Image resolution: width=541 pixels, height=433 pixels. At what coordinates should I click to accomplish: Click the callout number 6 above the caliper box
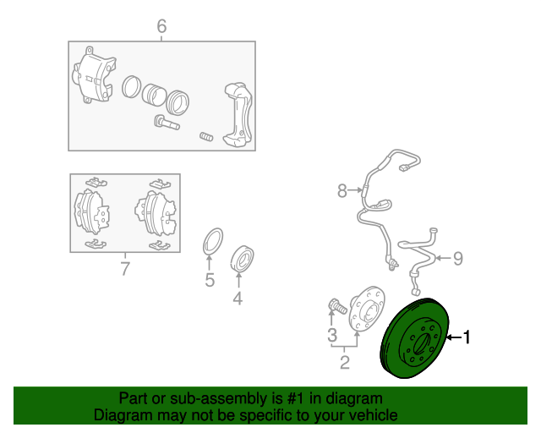click(x=161, y=26)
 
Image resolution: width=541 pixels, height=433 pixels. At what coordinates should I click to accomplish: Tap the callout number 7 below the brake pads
click(x=125, y=269)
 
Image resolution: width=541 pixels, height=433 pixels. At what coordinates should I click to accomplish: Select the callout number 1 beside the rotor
click(x=466, y=337)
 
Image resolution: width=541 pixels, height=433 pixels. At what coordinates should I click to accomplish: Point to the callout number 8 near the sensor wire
click(x=342, y=190)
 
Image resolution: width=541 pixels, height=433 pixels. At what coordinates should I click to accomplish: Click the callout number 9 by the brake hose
click(x=458, y=258)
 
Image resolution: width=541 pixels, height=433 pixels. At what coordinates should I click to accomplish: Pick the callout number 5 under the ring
click(x=210, y=280)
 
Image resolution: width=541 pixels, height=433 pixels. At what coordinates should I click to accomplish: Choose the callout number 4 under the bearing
click(x=238, y=299)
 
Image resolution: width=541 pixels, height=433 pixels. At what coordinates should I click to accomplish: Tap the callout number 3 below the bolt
click(x=332, y=335)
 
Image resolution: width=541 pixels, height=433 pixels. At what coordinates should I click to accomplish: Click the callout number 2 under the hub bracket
click(x=345, y=362)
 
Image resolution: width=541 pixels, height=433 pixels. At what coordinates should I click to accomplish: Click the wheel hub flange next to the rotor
click(x=366, y=310)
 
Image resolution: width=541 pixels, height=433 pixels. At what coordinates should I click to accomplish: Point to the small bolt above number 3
click(x=337, y=306)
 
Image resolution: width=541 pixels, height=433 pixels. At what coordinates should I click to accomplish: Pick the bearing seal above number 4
click(x=243, y=259)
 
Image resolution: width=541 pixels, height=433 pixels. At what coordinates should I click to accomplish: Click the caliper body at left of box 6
click(x=93, y=75)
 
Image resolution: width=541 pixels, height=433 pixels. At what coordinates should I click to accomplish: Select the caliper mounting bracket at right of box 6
click(x=238, y=114)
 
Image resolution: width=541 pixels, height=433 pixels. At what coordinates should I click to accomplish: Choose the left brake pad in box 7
click(x=91, y=213)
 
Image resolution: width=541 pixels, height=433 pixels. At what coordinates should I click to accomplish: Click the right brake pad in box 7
click(x=157, y=213)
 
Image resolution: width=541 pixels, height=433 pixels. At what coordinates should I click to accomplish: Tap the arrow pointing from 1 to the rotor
click(x=454, y=337)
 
